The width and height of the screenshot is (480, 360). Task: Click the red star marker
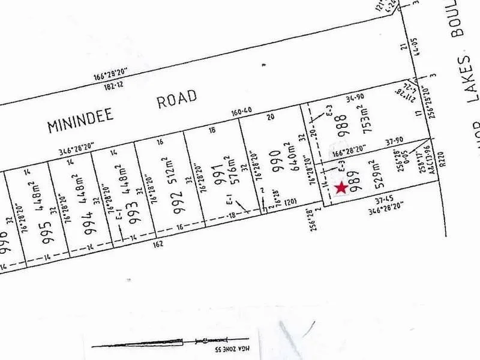point(341,188)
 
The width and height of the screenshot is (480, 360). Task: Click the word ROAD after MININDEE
point(177,99)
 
